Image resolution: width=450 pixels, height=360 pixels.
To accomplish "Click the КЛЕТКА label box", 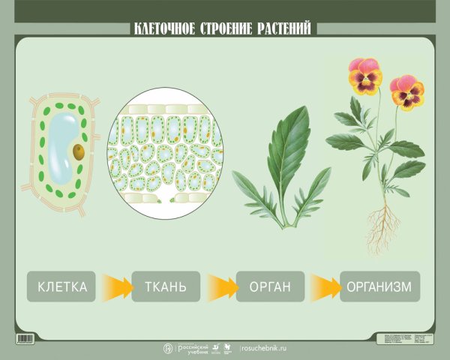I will tap(62, 286).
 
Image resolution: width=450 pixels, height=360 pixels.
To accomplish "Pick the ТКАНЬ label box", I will tap(166, 286).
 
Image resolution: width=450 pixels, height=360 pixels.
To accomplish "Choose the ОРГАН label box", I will tap(270, 286).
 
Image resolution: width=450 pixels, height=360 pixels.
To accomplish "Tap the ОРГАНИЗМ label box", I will tap(379, 286).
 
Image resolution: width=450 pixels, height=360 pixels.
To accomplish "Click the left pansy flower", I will tap(365, 76).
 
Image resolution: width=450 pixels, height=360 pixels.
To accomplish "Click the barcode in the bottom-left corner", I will tap(27, 339).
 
